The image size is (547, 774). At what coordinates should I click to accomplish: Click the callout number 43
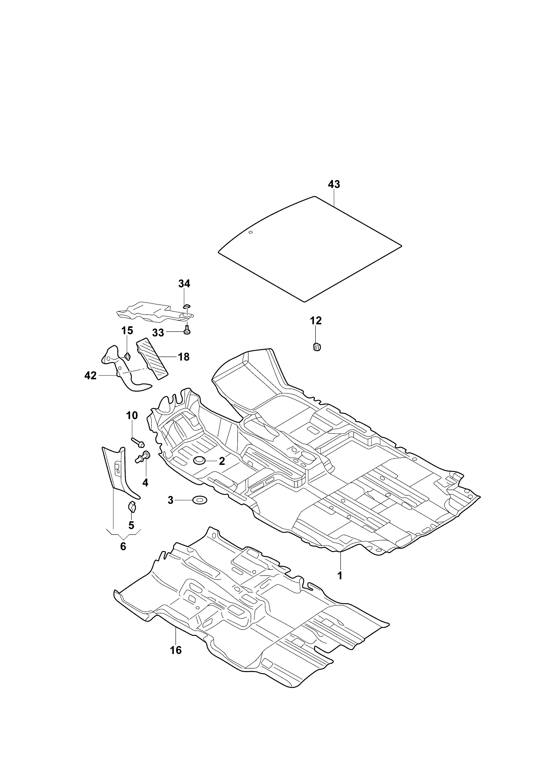point(334,184)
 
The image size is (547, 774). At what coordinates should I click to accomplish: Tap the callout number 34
point(184,284)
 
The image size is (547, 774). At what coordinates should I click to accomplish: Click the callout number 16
point(176,650)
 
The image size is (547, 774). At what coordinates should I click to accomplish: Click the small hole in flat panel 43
point(250,232)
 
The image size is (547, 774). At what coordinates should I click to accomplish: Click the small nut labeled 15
point(127,355)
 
